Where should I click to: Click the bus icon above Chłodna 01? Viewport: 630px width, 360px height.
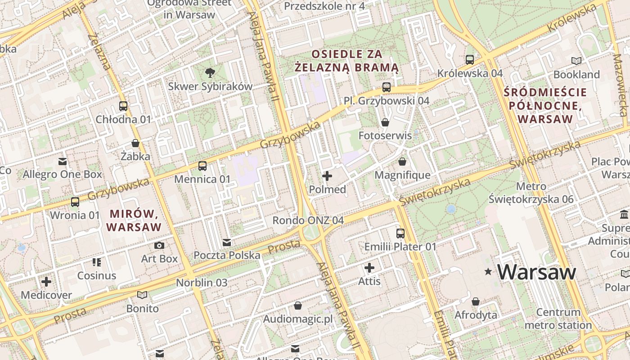[x=123, y=106]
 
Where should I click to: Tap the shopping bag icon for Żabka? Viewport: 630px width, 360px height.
[x=135, y=143]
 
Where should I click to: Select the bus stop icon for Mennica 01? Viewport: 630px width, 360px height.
[x=202, y=166]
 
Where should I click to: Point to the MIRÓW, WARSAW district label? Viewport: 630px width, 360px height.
[x=134, y=220]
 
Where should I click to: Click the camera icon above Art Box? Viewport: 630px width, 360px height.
[x=159, y=245]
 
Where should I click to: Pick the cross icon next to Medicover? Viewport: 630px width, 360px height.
[x=46, y=282]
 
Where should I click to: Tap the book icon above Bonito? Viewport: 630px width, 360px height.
[x=142, y=295]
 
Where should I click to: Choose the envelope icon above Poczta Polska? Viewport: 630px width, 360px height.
[x=227, y=243]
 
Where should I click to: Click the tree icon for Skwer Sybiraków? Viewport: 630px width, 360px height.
[x=210, y=72]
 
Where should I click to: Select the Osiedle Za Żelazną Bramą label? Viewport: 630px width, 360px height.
[x=346, y=61]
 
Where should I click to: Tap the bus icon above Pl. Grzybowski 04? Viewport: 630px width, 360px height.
[x=387, y=87]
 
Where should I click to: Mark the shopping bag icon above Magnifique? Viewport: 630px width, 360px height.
[x=402, y=161]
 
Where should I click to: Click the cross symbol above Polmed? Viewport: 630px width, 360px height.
[x=327, y=176]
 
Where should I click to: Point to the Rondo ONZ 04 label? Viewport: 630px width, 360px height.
[x=308, y=220]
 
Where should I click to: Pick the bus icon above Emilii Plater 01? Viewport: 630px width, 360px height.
[x=400, y=233]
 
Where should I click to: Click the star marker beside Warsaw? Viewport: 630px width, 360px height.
[x=488, y=272]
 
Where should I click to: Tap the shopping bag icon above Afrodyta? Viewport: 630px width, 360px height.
[x=476, y=301]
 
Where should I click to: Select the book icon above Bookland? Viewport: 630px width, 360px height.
[x=576, y=61]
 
